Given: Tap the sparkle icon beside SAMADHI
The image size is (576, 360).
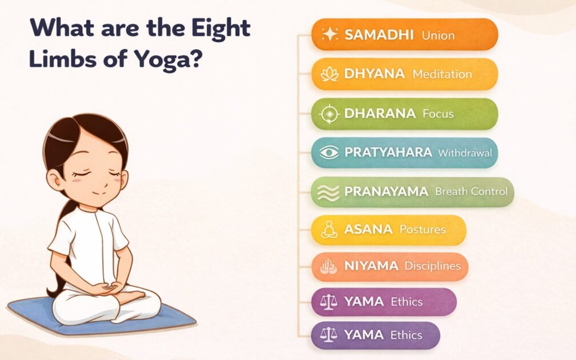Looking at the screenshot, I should point(330,35).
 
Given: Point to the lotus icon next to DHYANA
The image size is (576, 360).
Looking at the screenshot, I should point(330,74).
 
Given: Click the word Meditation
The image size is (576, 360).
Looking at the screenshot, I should point(442,74).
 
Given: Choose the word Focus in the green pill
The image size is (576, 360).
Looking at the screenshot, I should point(438,114).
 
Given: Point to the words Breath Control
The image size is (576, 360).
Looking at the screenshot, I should point(471,191).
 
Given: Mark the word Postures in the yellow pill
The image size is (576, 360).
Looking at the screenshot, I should point(423,230).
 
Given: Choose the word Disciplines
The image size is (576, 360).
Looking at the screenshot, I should point(432,266).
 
